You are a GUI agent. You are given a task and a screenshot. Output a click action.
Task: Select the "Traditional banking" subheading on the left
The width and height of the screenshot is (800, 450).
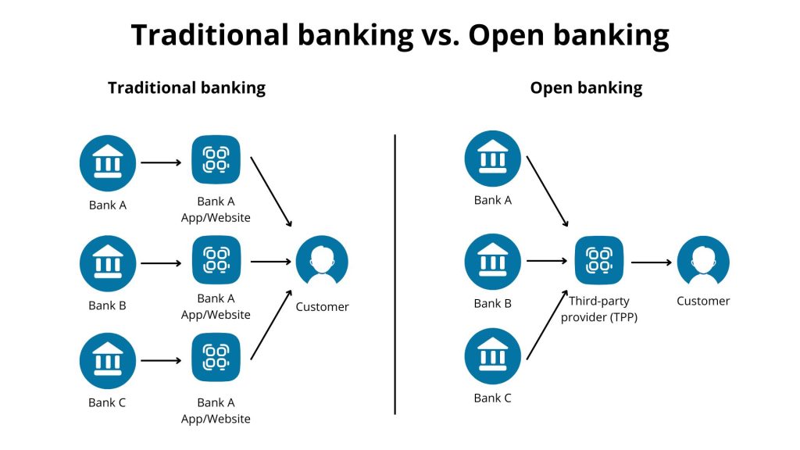click(x=187, y=87)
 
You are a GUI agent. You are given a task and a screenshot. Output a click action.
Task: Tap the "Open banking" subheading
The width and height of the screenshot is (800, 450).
click(x=586, y=87)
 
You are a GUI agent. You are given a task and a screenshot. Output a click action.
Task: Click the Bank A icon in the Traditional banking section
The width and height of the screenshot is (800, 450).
click(x=108, y=163)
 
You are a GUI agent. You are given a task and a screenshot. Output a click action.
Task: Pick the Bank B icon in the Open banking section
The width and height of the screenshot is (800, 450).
click(x=492, y=262)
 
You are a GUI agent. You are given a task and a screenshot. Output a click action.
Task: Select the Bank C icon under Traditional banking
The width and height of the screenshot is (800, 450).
click(x=108, y=361)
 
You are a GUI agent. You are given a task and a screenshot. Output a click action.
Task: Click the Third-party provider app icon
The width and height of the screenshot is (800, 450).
click(x=599, y=262)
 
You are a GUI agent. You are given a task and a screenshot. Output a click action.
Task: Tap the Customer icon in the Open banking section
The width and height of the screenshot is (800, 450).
click(x=703, y=262)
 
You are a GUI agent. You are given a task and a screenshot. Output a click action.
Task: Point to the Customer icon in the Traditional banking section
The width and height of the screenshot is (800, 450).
click(x=322, y=262)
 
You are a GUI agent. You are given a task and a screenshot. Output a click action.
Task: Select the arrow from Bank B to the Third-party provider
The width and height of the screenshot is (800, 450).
click(x=547, y=262)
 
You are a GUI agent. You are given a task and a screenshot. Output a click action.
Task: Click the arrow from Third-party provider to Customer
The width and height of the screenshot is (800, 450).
click(x=651, y=262)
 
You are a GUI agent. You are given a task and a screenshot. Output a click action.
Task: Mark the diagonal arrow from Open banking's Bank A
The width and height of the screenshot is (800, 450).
click(x=547, y=191)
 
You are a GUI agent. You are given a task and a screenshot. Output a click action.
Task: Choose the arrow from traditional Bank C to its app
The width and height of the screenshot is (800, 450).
click(x=161, y=361)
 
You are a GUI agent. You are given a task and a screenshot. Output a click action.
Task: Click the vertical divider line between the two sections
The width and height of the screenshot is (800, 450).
click(x=395, y=273)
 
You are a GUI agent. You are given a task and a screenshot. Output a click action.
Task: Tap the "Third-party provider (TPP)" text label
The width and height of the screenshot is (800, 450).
click(x=599, y=309)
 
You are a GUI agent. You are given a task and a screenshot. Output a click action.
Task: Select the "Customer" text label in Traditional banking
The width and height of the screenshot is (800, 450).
click(x=322, y=307)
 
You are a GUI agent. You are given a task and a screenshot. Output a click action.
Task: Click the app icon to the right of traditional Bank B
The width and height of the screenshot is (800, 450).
click(x=216, y=262)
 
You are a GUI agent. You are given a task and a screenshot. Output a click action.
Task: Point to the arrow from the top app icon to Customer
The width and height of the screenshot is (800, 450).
click(x=272, y=192)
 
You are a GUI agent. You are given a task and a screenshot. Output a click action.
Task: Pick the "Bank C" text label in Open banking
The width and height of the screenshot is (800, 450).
click(x=492, y=398)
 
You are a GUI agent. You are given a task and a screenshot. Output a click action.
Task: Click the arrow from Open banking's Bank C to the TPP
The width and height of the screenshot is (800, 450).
click(x=547, y=325)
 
